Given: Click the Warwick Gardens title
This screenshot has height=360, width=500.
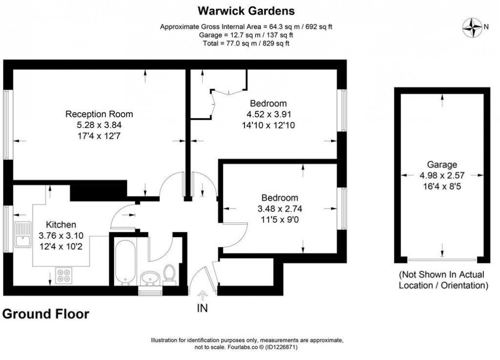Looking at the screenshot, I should point(246,10).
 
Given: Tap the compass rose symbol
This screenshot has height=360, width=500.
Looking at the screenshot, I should point(473,27).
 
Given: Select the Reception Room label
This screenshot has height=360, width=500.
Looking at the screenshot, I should point(99,114).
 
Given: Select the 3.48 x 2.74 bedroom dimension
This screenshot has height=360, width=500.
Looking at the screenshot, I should point(279,208).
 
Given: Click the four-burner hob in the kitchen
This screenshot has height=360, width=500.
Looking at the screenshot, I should point(64,275).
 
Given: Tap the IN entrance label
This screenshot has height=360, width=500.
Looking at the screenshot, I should point(202,308).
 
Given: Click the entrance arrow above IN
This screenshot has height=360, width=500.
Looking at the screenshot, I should point(202,295).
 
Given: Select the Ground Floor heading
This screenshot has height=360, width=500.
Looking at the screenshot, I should point(46,314).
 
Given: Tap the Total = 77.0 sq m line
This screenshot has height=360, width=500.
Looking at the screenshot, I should point(246,43).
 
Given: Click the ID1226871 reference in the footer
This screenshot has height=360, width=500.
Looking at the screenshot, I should point(282,347).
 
